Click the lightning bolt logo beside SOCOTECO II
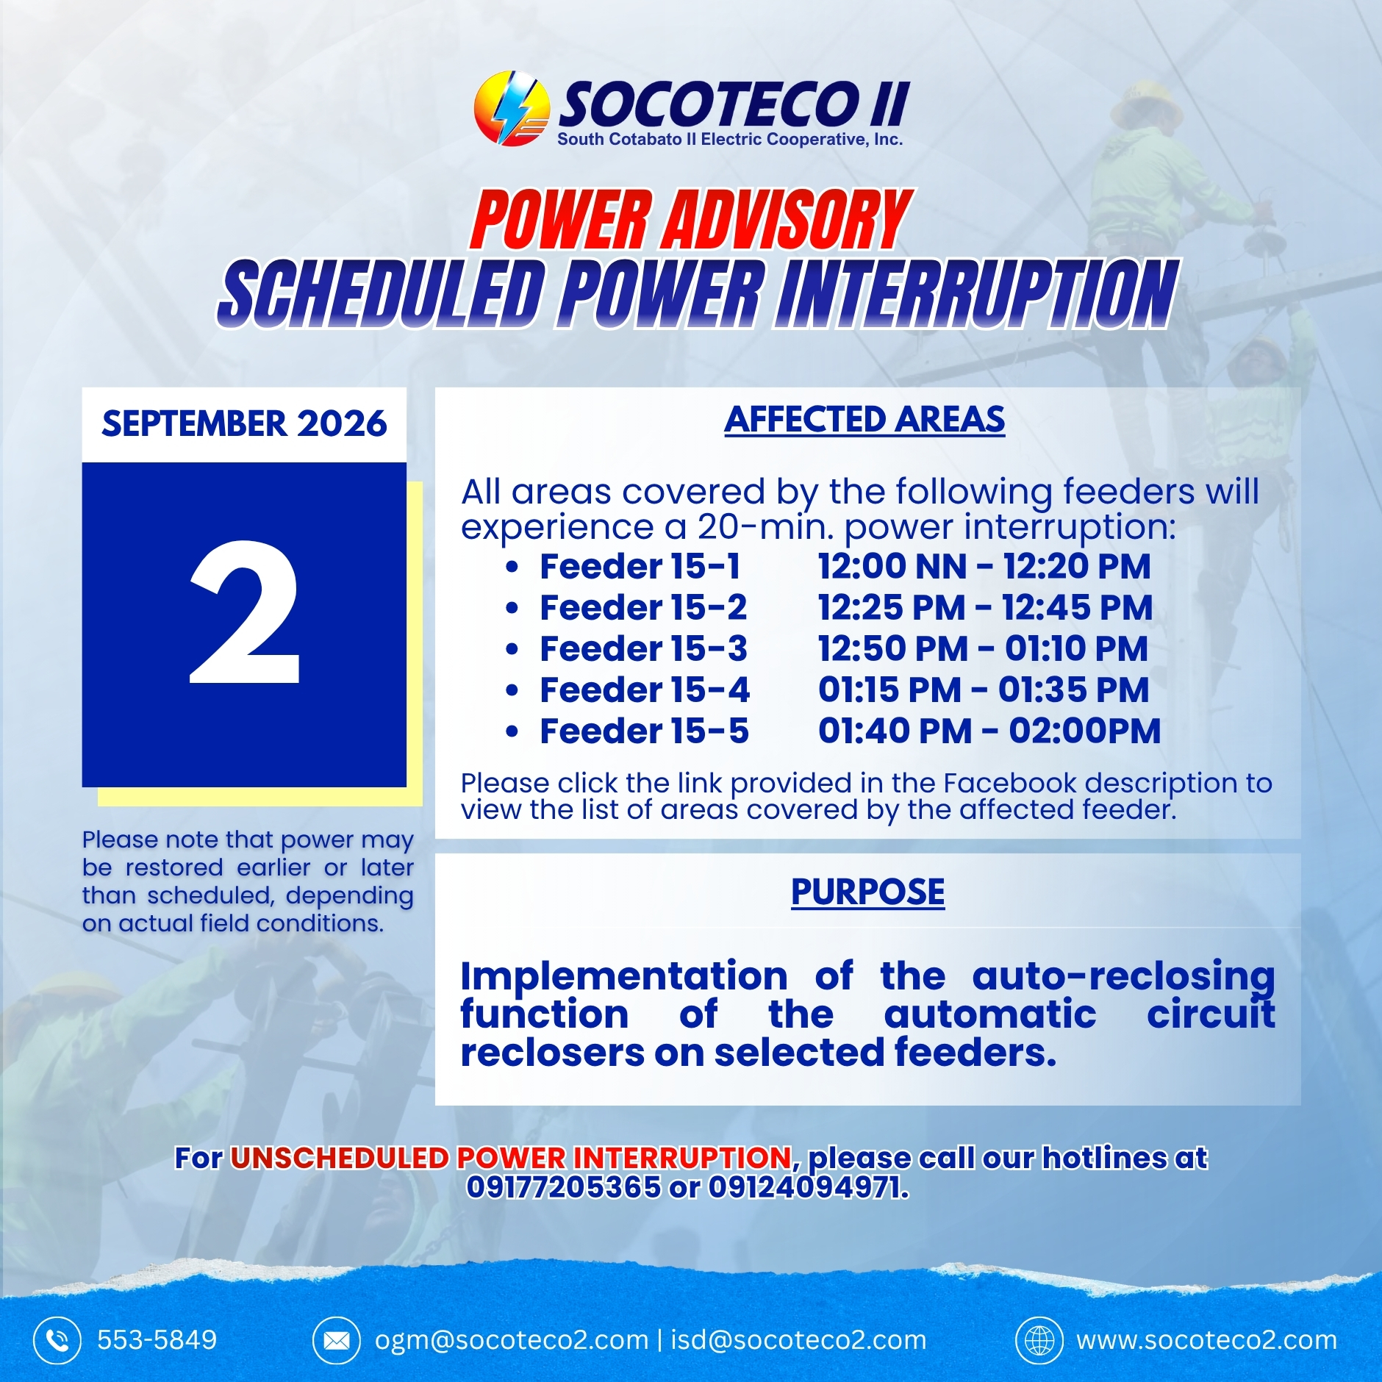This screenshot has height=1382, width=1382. [512, 108]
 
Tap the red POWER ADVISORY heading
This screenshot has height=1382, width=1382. [691, 219]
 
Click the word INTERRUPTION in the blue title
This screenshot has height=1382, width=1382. [978, 293]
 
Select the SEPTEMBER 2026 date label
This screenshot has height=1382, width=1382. [244, 423]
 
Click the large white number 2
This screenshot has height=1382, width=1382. [244, 612]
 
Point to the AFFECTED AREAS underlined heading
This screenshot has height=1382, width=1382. [864, 420]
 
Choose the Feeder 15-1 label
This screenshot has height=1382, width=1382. [640, 567]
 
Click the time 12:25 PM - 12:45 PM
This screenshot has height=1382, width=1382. [985, 608]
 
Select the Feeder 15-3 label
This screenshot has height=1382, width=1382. [643, 649]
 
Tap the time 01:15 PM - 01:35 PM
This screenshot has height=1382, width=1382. [984, 690]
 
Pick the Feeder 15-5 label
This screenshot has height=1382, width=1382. [644, 731]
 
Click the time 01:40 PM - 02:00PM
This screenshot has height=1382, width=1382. [989, 731]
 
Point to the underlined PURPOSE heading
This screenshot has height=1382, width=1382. [867, 892]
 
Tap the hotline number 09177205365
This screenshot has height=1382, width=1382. [564, 1186]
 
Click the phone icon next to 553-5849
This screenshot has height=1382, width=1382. [57, 1341]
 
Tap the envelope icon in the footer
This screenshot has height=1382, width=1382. [336, 1341]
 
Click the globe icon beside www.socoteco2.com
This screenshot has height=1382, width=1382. [1039, 1341]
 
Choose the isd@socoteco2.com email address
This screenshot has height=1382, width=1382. [798, 1341]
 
